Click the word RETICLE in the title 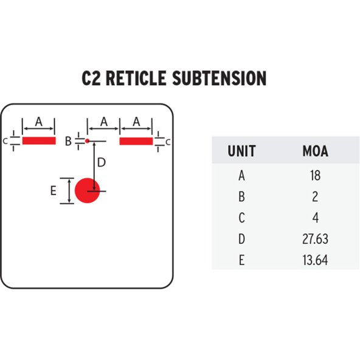pos(136,78)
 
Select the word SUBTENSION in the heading pos(220,78)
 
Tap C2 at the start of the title pos(91,78)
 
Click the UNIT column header pos(241,151)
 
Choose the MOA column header pos(315,151)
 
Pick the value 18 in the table pos(315,176)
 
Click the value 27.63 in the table pos(315,239)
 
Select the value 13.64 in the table pos(315,260)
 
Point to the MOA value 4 pos(316,218)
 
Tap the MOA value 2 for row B pos(315,197)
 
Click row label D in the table pos(241,239)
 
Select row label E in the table pos(241,260)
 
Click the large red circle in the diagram pos(87,190)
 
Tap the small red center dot pos(87,141)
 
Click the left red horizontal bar pos(39,140)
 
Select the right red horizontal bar pos(136,141)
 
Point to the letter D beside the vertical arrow pos(102,162)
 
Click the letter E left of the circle pos(54,190)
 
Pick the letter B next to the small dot pos(68,141)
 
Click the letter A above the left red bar pos(39,122)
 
